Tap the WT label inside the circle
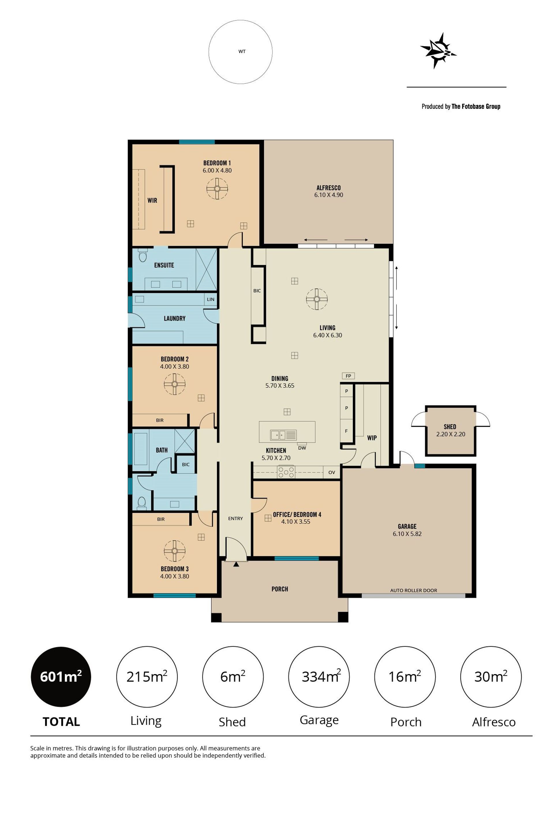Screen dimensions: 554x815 tap(242, 51)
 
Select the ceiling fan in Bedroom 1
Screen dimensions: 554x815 tap(217, 189)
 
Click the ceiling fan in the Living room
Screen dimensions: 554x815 tap(317, 299)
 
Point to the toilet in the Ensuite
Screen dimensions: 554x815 tap(142, 256)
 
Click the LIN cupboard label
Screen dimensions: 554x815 tap(210, 299)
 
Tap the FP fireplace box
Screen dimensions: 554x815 tap(348, 375)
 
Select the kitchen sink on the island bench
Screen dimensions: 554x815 tap(283, 435)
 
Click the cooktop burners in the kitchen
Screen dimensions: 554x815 tap(286, 472)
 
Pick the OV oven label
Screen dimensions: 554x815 tap(332, 472)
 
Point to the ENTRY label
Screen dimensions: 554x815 tap(235, 518)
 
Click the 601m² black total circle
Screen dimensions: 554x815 tap(61, 676)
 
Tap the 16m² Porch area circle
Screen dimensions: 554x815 tap(405, 676)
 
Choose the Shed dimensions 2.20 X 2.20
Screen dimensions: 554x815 tap(451, 434)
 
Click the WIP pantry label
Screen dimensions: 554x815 tap(372, 438)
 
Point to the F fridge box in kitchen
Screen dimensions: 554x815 tap(346, 431)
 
